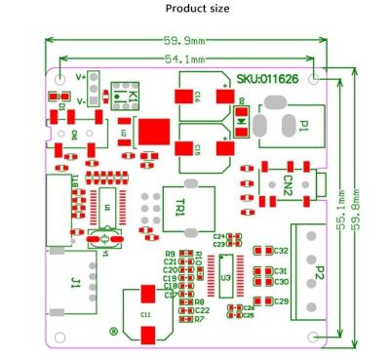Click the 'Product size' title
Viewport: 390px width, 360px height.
pyautogui.click(x=197, y=9)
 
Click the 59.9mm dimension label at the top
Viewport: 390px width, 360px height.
pyautogui.click(x=184, y=41)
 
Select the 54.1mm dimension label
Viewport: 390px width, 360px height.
pyautogui.click(x=184, y=59)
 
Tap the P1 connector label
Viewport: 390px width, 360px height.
pyautogui.click(x=303, y=124)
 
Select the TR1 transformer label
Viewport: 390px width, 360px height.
pyautogui.click(x=180, y=208)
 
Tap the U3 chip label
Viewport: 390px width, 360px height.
pyautogui.click(x=225, y=278)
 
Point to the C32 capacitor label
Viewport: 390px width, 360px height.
pyautogui.click(x=281, y=251)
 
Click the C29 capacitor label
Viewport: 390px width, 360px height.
pyautogui.click(x=281, y=301)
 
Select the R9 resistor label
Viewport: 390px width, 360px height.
pyautogui.click(x=171, y=254)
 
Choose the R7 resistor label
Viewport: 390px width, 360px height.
pyautogui.click(x=199, y=319)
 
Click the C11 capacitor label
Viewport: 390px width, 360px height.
pyautogui.click(x=146, y=314)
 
